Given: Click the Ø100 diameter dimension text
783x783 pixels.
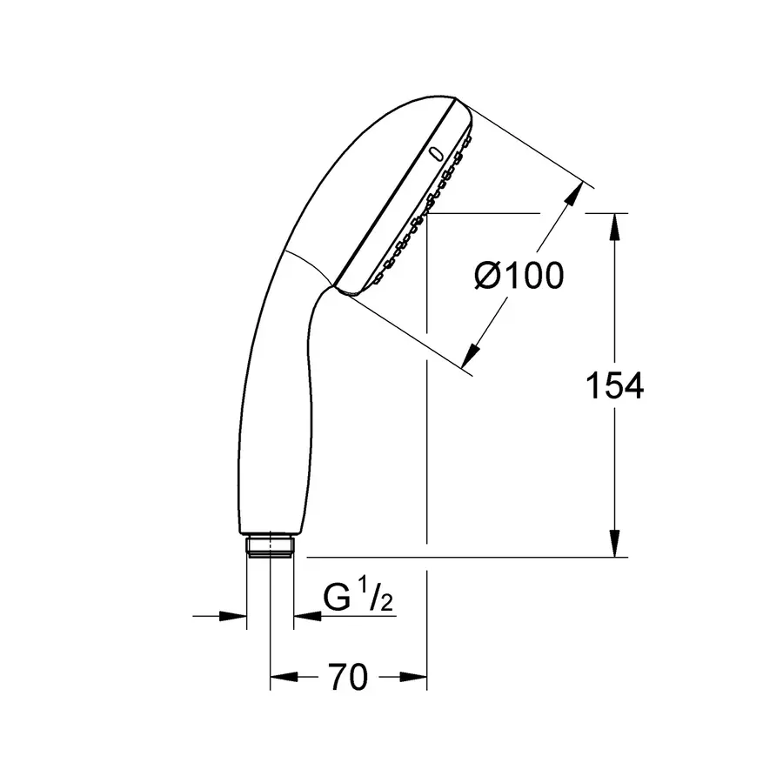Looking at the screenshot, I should pyautogui.click(x=519, y=277).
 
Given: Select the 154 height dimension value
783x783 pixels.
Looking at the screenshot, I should pyautogui.click(x=614, y=385).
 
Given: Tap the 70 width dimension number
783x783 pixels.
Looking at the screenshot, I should pyautogui.click(x=348, y=676).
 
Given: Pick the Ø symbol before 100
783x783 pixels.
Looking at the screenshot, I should pyautogui.click(x=488, y=277).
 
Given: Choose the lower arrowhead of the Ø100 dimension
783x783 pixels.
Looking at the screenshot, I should pyautogui.click(x=471, y=353).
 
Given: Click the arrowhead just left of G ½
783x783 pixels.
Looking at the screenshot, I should pyautogui.click(x=306, y=617).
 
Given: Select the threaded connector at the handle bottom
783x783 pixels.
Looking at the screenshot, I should pyautogui.click(x=271, y=545).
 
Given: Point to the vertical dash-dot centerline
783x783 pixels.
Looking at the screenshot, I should pyautogui.click(x=427, y=435).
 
